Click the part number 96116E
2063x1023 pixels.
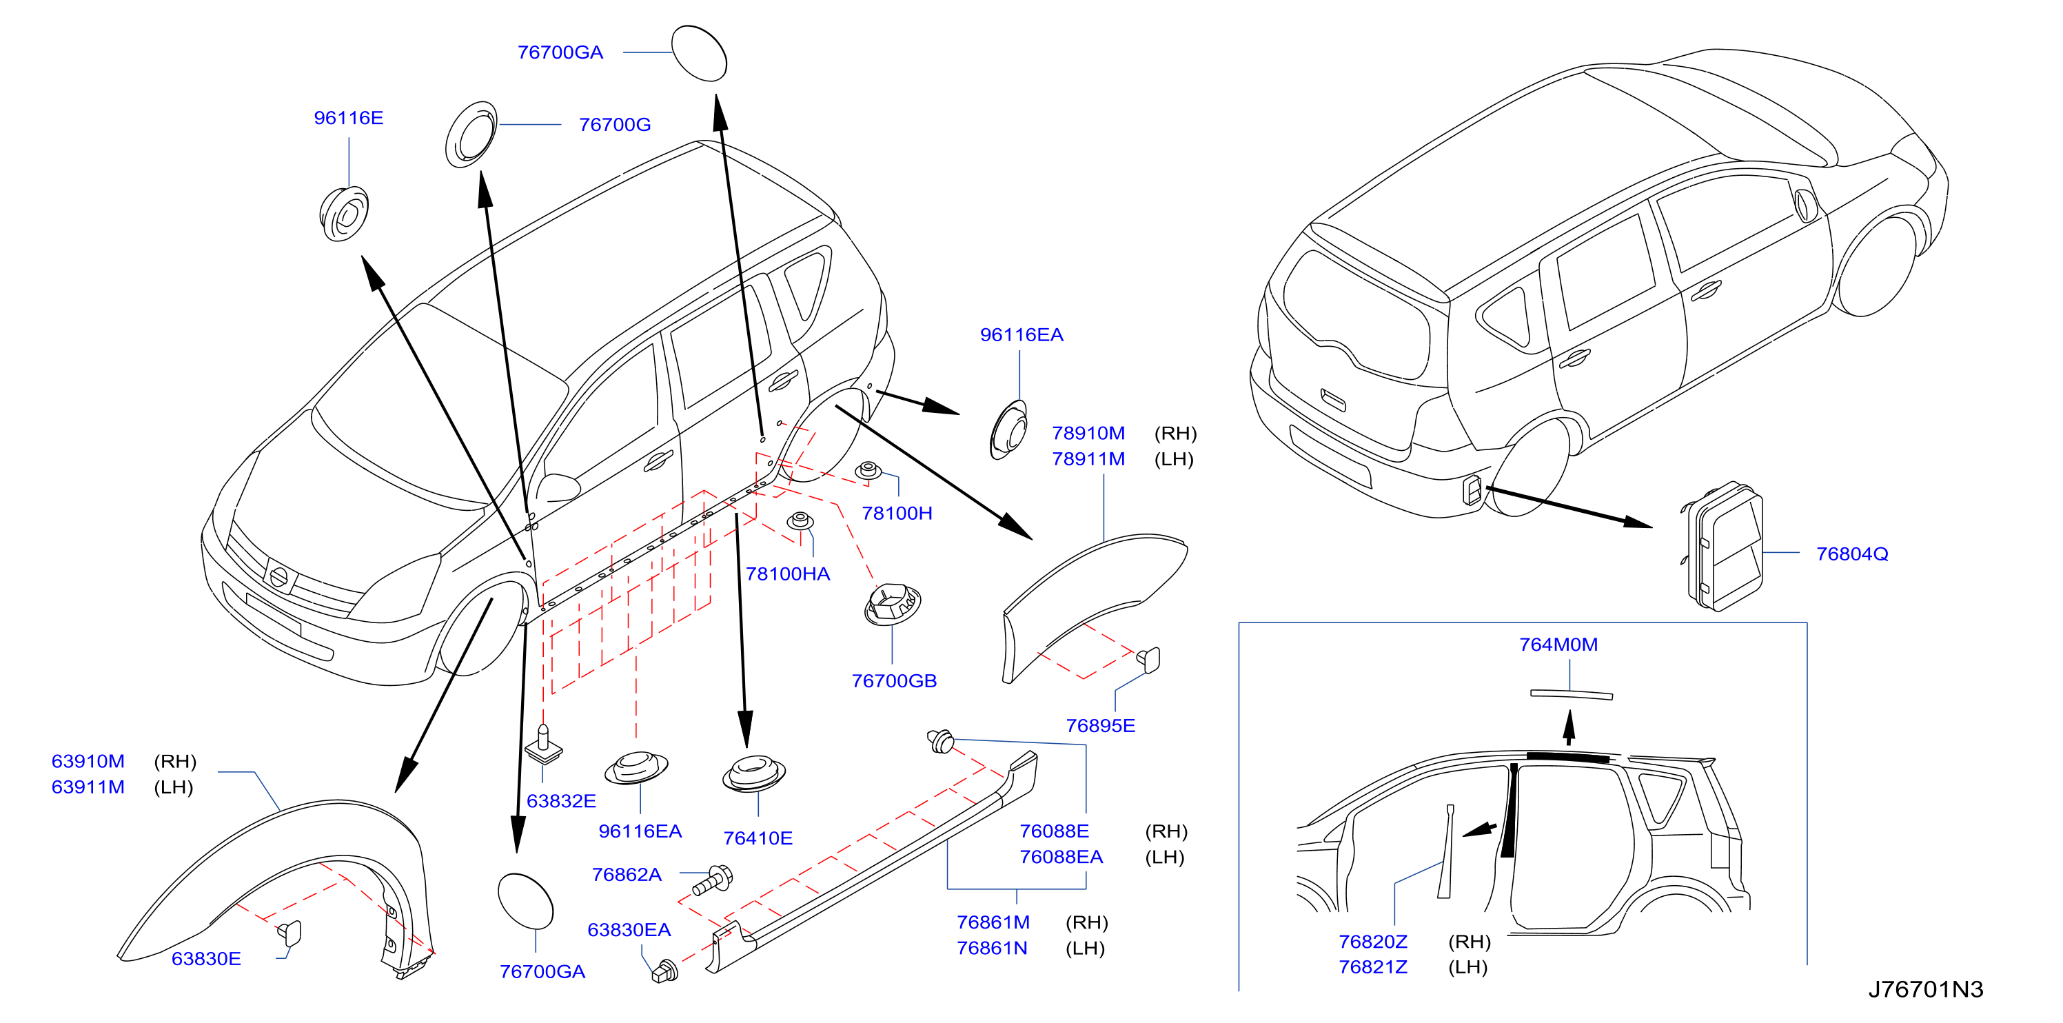pos(348,118)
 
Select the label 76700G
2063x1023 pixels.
pos(614,124)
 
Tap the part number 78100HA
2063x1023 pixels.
pos(787,574)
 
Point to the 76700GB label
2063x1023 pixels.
pos(894,680)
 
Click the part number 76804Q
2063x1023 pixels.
pos(1851,554)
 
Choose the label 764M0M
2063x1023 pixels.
pos(1558,644)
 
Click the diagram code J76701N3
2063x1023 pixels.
pos(1925,989)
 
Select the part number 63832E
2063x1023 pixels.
pos(560,800)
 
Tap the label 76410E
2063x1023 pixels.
pos(758,838)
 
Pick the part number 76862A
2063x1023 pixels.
pos(627,874)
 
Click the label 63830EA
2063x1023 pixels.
pos(629,929)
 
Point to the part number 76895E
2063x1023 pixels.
pos(1099,725)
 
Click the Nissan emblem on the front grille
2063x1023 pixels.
pos(278,576)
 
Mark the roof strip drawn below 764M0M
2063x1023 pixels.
pos(1572,695)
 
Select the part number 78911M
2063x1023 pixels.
pos(1088,459)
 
